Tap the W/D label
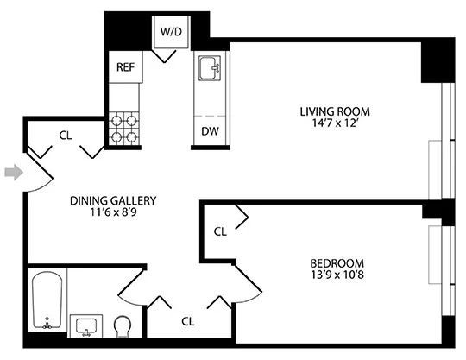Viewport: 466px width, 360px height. coord(169,32)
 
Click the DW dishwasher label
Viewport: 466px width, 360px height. coord(209,132)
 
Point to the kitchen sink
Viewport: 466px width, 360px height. coord(209,68)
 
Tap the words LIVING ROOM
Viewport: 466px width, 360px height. coord(335,111)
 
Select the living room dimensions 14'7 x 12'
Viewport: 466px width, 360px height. coord(335,124)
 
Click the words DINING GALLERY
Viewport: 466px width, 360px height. coord(113,200)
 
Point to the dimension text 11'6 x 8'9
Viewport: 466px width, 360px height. coord(113,213)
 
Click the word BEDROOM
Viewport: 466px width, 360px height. coord(337,263)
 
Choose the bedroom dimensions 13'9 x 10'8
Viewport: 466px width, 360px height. coord(337,276)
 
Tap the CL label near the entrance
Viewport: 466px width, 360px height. coord(66,135)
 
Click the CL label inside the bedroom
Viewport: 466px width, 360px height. coord(220,231)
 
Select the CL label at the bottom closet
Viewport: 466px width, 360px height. coord(188,321)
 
